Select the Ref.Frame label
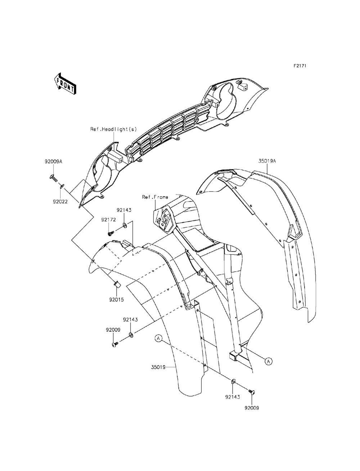pyautogui.click(x=155, y=197)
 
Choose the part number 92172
pyautogui.click(x=108, y=219)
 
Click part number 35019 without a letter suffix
pyautogui.click(x=158, y=367)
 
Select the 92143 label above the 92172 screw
pyautogui.click(x=123, y=209)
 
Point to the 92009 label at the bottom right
pyautogui.click(x=251, y=408)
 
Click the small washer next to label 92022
pyautogui.click(x=62, y=185)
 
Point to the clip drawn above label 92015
pyautogui.click(x=117, y=285)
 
